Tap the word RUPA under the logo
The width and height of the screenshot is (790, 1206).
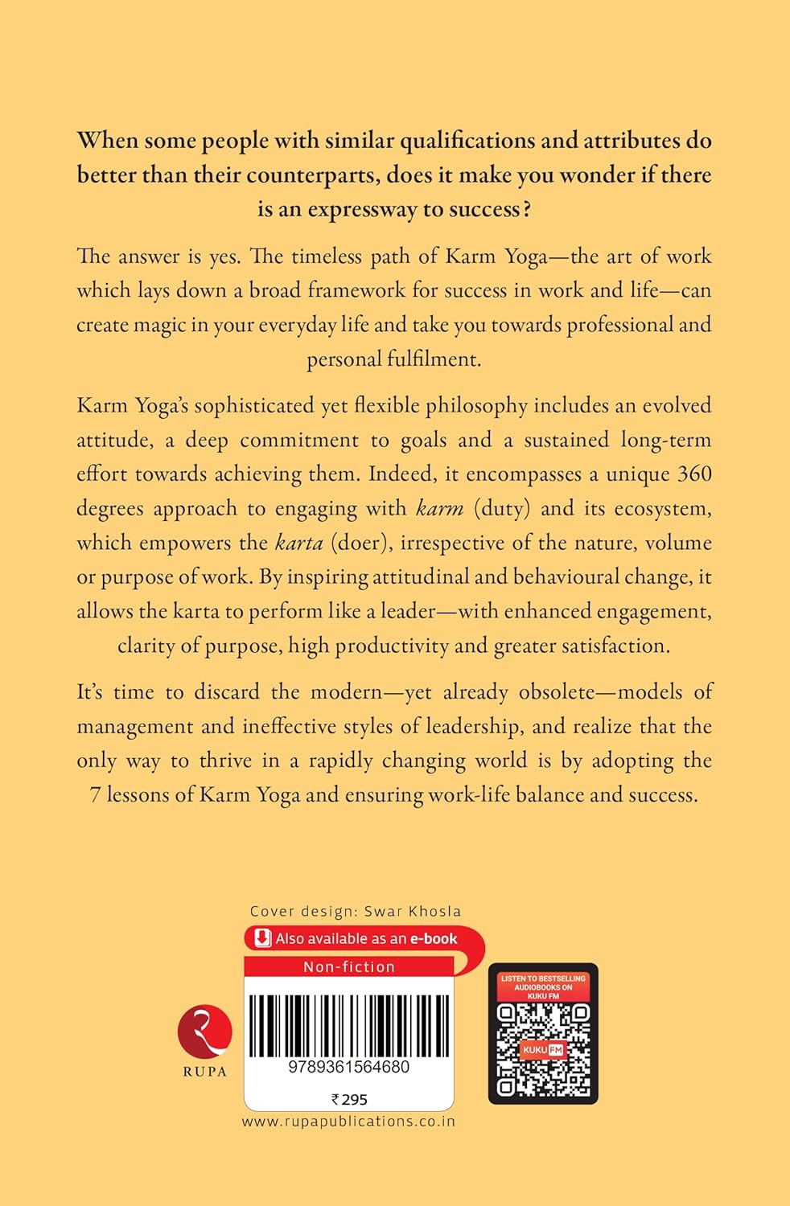click(x=204, y=1072)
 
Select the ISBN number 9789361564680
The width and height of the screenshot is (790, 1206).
click(x=348, y=1067)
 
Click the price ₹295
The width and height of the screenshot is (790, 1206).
click(x=349, y=1099)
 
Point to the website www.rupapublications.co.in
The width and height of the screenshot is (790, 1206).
click(x=348, y=1121)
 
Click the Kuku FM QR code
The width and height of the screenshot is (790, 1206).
click(x=543, y=1050)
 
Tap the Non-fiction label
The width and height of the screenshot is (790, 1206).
click(x=348, y=966)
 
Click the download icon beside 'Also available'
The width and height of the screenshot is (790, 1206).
click(x=262, y=938)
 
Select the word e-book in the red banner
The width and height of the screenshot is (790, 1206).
click(x=434, y=938)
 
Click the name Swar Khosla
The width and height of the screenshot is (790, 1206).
click(x=413, y=911)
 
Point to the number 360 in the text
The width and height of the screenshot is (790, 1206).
click(x=694, y=474)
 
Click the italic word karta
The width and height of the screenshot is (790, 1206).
click(x=298, y=543)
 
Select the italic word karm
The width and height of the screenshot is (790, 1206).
click(x=440, y=508)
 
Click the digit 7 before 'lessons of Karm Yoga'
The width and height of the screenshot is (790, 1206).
click(x=95, y=794)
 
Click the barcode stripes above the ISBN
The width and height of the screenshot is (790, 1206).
click(x=348, y=1025)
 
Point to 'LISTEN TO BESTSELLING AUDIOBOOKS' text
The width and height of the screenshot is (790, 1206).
click(x=543, y=982)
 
